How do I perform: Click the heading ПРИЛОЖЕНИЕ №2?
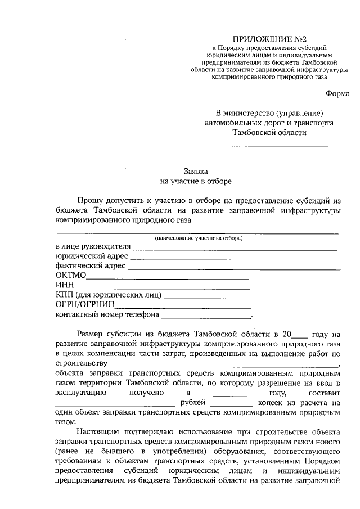pos(272,40)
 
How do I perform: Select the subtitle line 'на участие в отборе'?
pos(196,181)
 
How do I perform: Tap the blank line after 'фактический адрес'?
pos(233,268)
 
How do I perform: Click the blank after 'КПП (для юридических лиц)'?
pos(206,298)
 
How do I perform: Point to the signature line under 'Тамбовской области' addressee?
pos(264,146)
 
